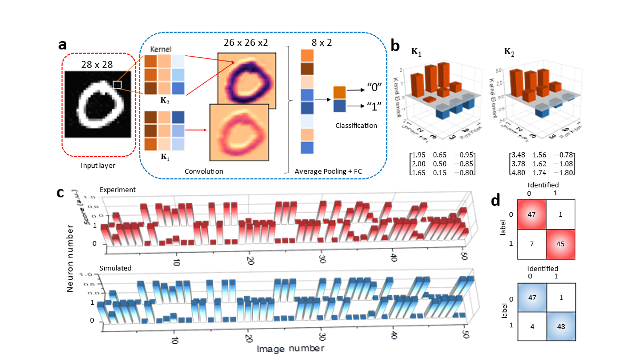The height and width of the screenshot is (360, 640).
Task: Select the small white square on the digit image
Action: click(117, 84)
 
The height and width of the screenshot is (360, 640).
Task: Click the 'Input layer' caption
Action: click(97, 165)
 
